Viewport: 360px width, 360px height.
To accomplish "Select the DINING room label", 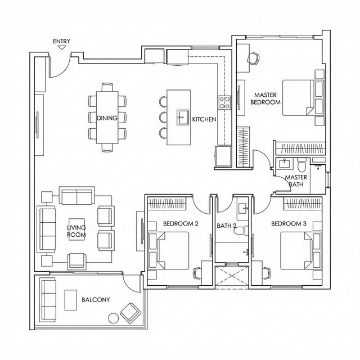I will point(107,118).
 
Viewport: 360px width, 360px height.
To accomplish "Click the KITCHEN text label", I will point(204,119).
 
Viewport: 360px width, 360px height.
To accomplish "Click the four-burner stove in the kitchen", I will point(224,102).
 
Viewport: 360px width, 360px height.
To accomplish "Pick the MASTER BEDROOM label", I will point(265,99).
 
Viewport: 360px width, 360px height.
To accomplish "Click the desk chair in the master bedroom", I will point(253,57).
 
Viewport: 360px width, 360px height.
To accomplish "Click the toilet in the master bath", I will point(301,166).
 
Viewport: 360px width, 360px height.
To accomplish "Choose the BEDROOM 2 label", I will point(181,223).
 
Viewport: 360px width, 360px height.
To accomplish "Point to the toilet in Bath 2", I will point(240,229).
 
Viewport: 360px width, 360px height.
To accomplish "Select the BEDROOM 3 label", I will point(288,223).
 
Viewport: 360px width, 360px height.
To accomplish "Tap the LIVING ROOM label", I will point(76,231).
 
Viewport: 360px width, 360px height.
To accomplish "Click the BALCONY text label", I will point(96,300).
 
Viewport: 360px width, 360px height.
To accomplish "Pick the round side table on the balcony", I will point(113,318).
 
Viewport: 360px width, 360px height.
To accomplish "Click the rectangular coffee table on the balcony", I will point(71,299).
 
